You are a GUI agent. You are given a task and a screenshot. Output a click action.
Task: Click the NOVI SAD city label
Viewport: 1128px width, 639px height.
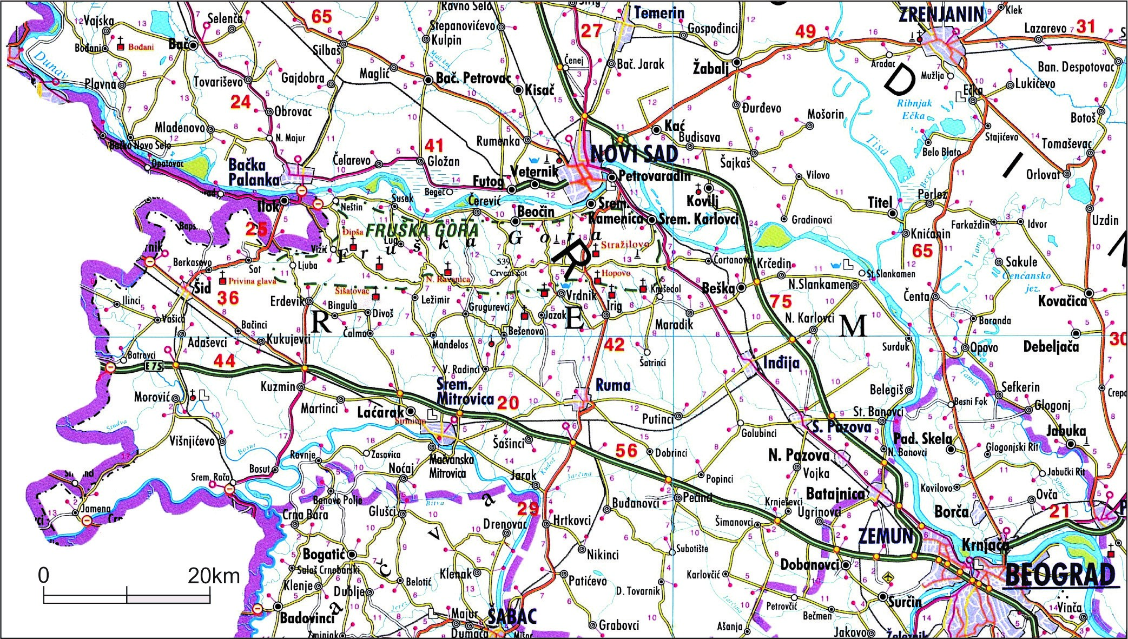click(x=634, y=155)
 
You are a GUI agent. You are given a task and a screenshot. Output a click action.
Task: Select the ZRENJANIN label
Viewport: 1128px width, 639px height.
click(x=941, y=15)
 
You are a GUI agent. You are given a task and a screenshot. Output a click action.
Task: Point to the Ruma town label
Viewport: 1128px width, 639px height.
click(x=612, y=385)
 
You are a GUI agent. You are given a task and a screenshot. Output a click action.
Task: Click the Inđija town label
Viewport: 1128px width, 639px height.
click(x=781, y=363)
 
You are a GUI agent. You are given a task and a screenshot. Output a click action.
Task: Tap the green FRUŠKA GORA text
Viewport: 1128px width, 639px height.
click(x=422, y=230)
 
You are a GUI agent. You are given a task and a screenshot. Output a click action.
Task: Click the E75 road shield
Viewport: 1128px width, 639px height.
click(x=154, y=366)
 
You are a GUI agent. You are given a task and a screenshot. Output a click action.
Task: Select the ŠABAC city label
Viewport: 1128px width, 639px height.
click(x=512, y=616)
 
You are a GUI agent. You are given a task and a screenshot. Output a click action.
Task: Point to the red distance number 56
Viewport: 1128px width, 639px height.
click(x=626, y=451)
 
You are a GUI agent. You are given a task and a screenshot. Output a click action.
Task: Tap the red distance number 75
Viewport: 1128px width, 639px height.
click(x=781, y=301)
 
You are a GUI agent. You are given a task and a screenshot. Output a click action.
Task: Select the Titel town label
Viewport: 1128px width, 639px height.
click(x=880, y=203)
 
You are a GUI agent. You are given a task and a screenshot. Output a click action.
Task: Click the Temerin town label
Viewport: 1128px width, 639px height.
click(x=659, y=12)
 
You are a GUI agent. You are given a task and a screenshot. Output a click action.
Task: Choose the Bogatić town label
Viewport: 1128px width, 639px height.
click(x=324, y=554)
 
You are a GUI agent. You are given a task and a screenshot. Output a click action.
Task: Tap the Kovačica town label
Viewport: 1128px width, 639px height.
click(x=1062, y=301)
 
